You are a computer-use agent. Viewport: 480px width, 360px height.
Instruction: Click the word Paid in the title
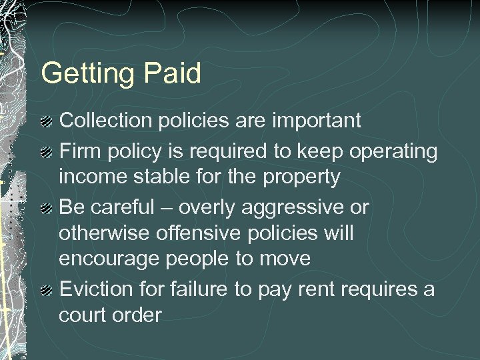pos(172,73)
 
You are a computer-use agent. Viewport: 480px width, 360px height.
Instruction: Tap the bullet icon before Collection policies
pos(47,121)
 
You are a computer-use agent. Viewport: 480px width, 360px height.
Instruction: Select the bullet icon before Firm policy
pos(47,153)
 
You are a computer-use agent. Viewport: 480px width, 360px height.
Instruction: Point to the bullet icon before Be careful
pos(47,209)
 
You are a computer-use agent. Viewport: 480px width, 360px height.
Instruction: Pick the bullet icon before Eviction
pos(47,290)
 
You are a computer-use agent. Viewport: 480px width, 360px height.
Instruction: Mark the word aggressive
pos(299,209)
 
